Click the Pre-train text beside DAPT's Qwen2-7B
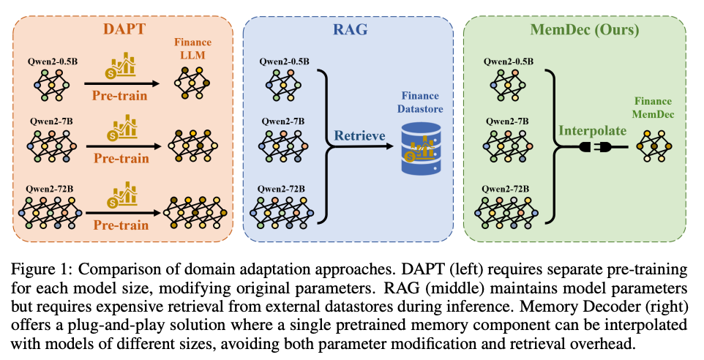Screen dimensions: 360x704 click(121, 158)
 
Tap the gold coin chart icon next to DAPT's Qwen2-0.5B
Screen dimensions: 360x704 click(121, 65)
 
